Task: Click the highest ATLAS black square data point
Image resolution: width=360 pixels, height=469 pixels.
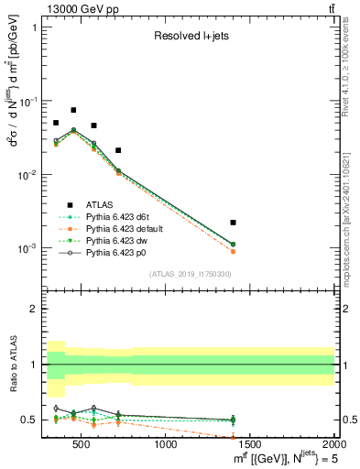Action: click(73, 110)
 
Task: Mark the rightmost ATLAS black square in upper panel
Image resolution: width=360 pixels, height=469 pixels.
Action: click(233, 223)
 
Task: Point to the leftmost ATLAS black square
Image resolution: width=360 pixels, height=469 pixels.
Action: click(56, 123)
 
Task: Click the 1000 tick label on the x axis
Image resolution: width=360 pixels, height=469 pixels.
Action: click(167, 444)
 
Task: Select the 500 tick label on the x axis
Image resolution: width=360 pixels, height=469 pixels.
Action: click(82, 444)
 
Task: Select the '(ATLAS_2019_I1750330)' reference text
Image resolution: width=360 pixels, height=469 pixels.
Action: click(190, 274)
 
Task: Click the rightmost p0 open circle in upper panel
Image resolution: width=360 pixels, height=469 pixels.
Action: click(233, 244)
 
